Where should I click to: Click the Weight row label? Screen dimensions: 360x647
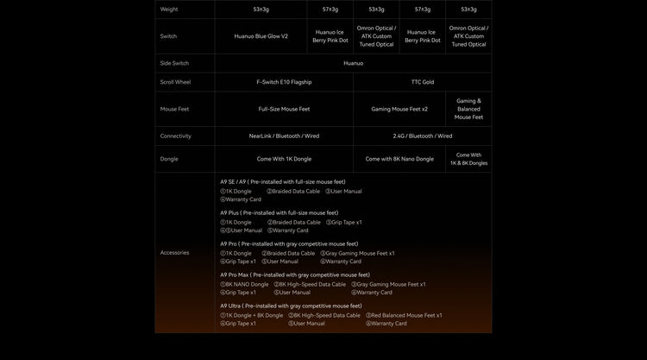(x=168, y=9)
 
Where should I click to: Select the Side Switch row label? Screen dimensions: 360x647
(x=174, y=63)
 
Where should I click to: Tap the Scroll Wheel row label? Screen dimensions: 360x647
(x=175, y=82)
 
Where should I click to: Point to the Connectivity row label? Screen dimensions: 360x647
(x=175, y=136)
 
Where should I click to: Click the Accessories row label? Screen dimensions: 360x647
(x=174, y=252)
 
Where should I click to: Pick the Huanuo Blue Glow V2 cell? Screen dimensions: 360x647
(x=261, y=36)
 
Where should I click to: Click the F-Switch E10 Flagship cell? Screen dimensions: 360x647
(x=284, y=82)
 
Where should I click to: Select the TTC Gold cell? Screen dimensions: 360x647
(x=423, y=82)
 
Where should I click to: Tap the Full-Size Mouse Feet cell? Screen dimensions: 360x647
(x=284, y=109)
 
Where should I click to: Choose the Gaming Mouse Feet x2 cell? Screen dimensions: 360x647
(x=399, y=109)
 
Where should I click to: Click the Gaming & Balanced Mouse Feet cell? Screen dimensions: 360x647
(x=468, y=109)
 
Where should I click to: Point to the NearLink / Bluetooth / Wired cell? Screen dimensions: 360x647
(x=284, y=136)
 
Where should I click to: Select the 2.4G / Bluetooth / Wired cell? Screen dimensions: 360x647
(x=423, y=136)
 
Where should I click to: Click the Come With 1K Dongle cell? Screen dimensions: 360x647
(x=284, y=159)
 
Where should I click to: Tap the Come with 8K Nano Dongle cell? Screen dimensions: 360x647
(x=399, y=159)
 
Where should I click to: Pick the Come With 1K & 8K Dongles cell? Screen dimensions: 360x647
(x=468, y=159)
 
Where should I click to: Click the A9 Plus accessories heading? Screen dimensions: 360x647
(x=279, y=212)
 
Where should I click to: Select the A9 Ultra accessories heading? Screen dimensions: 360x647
(x=291, y=306)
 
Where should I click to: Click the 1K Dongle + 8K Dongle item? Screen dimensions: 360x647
(x=252, y=315)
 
